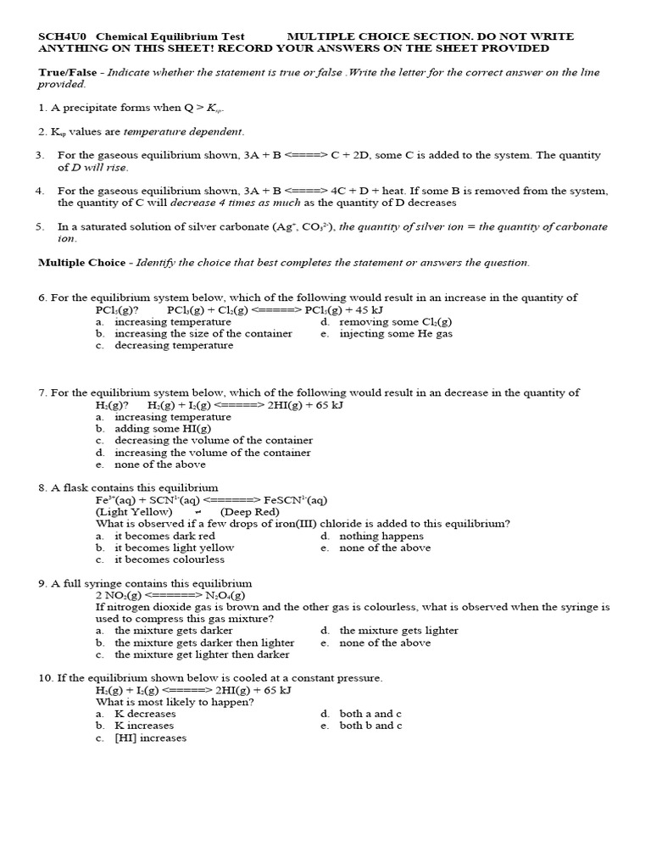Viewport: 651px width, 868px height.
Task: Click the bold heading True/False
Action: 67,73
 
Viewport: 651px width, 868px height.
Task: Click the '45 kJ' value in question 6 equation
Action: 366,310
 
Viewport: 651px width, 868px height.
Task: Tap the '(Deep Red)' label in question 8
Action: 249,512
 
